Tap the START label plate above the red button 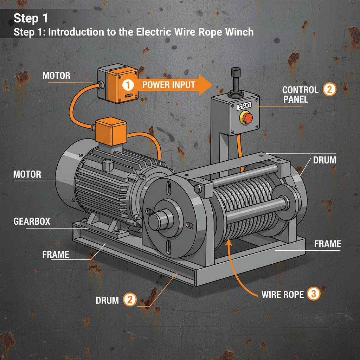(x=244, y=107)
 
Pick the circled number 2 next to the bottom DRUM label (x=129, y=300)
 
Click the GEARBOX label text (x=32, y=221)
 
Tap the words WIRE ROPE (x=282, y=294)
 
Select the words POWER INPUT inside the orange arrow (x=164, y=85)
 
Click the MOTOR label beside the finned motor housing (x=27, y=174)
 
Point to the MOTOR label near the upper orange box (x=56, y=76)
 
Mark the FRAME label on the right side (x=327, y=244)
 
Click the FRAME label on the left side (x=56, y=254)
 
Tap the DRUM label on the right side (x=324, y=160)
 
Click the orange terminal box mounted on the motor (x=111, y=131)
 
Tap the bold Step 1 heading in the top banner (x=31, y=18)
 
